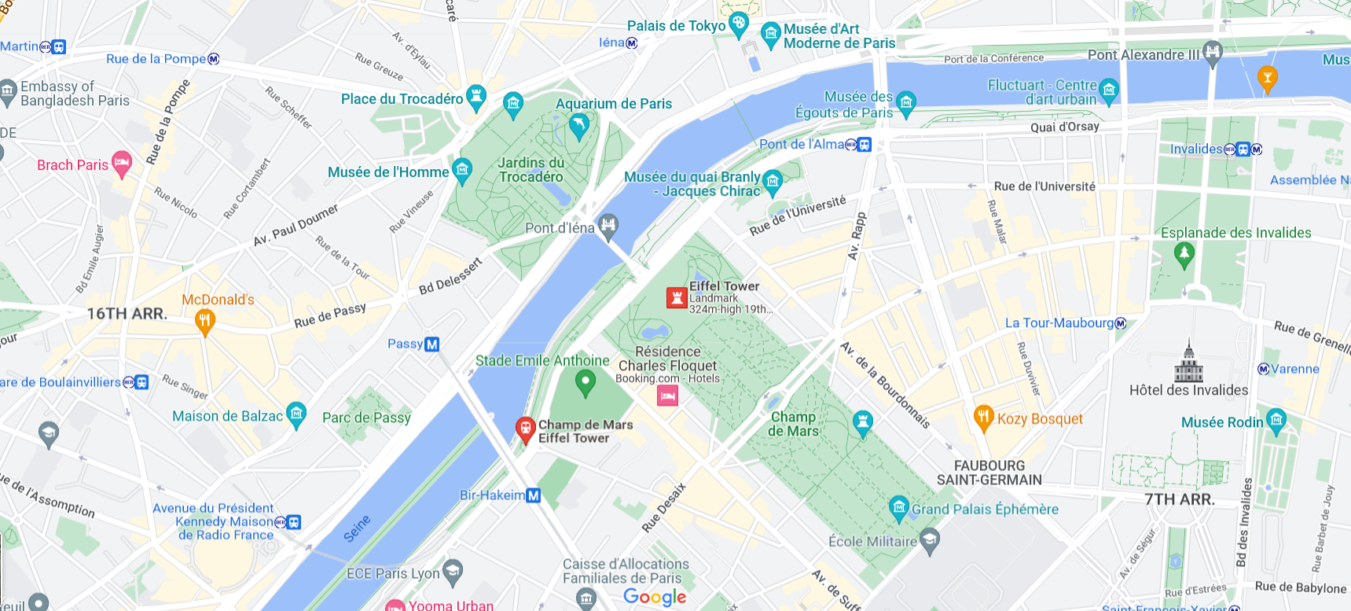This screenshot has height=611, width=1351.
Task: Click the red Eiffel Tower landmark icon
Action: (677, 298)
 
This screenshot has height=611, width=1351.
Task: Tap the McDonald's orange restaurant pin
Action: (204, 321)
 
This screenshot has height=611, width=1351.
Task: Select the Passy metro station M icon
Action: (431, 344)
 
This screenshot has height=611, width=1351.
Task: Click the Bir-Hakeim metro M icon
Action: (533, 495)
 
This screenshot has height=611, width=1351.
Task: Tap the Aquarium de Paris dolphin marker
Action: (578, 125)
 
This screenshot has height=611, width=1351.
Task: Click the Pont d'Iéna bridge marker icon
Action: (608, 226)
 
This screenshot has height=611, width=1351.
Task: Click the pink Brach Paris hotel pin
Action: (121, 164)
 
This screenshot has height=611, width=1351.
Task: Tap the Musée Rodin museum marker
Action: (1276, 420)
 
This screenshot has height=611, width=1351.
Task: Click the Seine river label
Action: (357, 529)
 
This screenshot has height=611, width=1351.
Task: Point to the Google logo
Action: (655, 597)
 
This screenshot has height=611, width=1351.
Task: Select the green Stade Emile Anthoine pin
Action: (585, 383)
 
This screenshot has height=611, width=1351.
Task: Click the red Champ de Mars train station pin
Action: (525, 429)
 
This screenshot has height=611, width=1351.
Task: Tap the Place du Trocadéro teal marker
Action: (475, 97)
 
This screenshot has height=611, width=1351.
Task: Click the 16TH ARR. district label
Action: (127, 314)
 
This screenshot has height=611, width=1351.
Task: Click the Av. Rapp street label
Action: (857, 236)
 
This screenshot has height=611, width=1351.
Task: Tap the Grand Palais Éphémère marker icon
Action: (898, 507)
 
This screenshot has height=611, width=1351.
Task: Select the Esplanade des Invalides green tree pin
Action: (1184, 253)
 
